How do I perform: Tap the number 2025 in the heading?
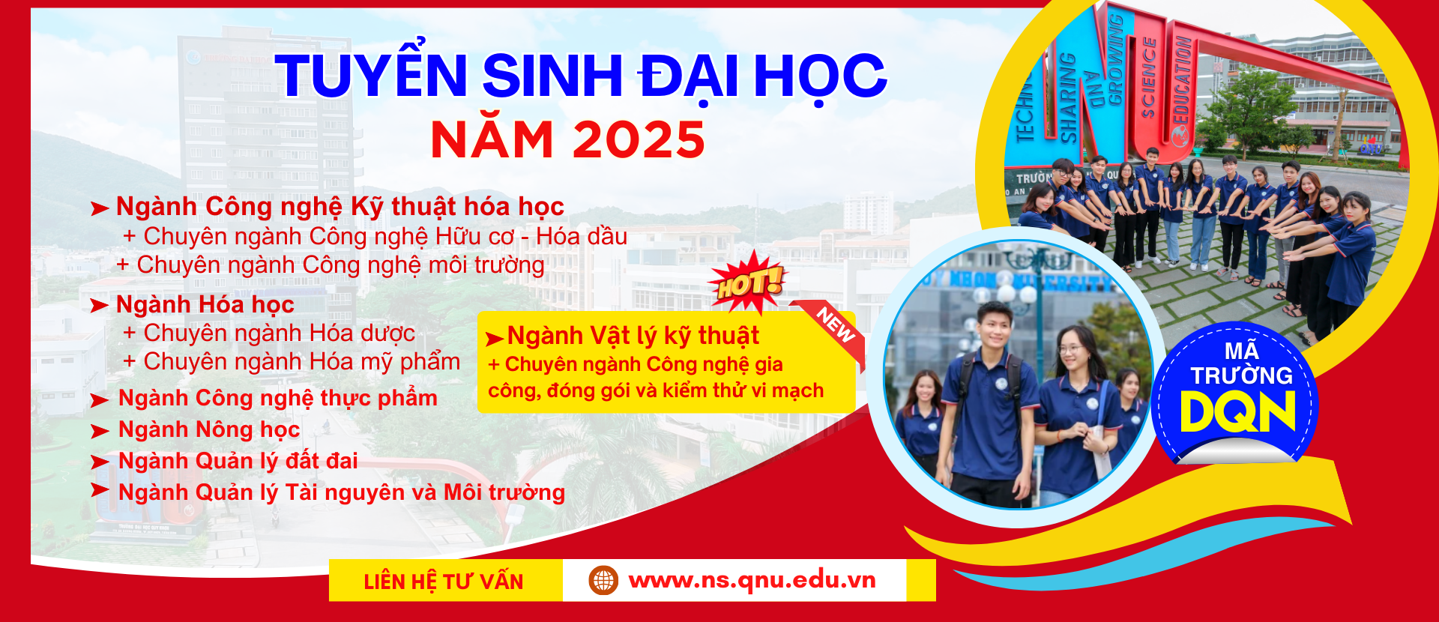[x=639, y=139]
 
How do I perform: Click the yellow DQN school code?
[x=1238, y=412]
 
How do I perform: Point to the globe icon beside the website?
[x=603, y=580]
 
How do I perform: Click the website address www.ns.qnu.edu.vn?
[x=752, y=580]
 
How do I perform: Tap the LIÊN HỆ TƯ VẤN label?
[x=444, y=582]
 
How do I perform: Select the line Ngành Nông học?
[x=209, y=429]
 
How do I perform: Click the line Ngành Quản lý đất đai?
[x=238, y=461]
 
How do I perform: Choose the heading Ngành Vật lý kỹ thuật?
[x=633, y=336]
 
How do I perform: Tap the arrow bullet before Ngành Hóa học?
[x=99, y=306]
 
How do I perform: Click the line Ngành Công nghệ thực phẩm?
[x=278, y=398]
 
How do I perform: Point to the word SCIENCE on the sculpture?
[x=1148, y=78]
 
